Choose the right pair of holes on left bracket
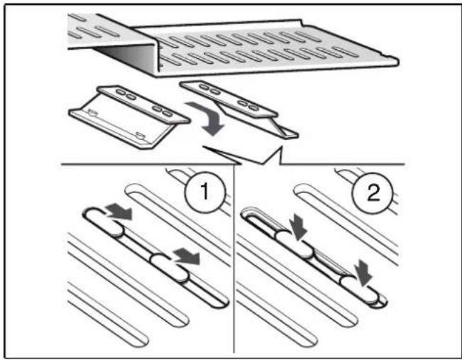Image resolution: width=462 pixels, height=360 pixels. click(x=162, y=109)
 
